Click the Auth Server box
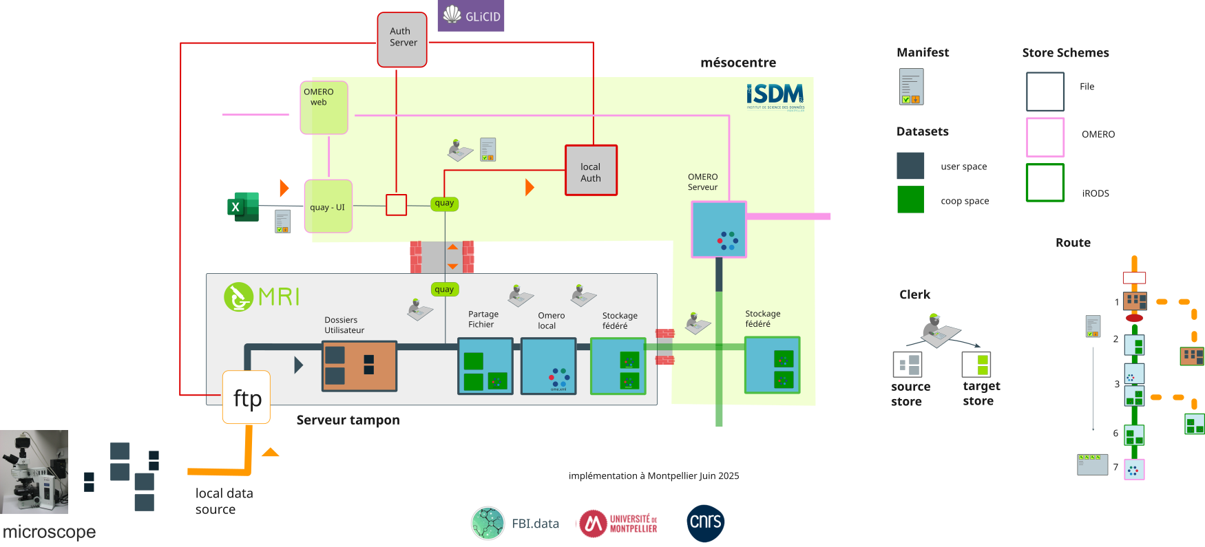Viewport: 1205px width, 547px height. point(402,39)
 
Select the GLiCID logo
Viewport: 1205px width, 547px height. point(471,16)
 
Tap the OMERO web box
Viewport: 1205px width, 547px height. point(324,107)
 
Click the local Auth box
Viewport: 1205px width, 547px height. point(591,170)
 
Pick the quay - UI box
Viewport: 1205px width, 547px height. point(328,206)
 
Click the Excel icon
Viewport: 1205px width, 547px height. point(242,206)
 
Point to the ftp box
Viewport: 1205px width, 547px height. point(247,398)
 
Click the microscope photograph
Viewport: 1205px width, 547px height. point(34,471)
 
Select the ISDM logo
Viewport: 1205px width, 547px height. point(775,96)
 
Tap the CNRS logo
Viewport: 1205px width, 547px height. point(705,523)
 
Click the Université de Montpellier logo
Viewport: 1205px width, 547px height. point(618,524)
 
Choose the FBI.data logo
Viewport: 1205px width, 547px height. point(515,524)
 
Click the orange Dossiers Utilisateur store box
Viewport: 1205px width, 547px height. point(359,366)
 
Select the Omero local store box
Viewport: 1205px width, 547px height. point(548,366)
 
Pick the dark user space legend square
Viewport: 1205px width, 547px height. point(910,166)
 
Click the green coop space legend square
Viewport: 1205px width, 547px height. point(910,200)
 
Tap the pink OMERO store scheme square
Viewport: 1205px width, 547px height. point(1045,137)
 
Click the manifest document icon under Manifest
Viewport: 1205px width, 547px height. point(911,87)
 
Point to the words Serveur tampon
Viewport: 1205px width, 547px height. point(348,420)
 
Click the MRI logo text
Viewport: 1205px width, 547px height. point(278,297)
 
